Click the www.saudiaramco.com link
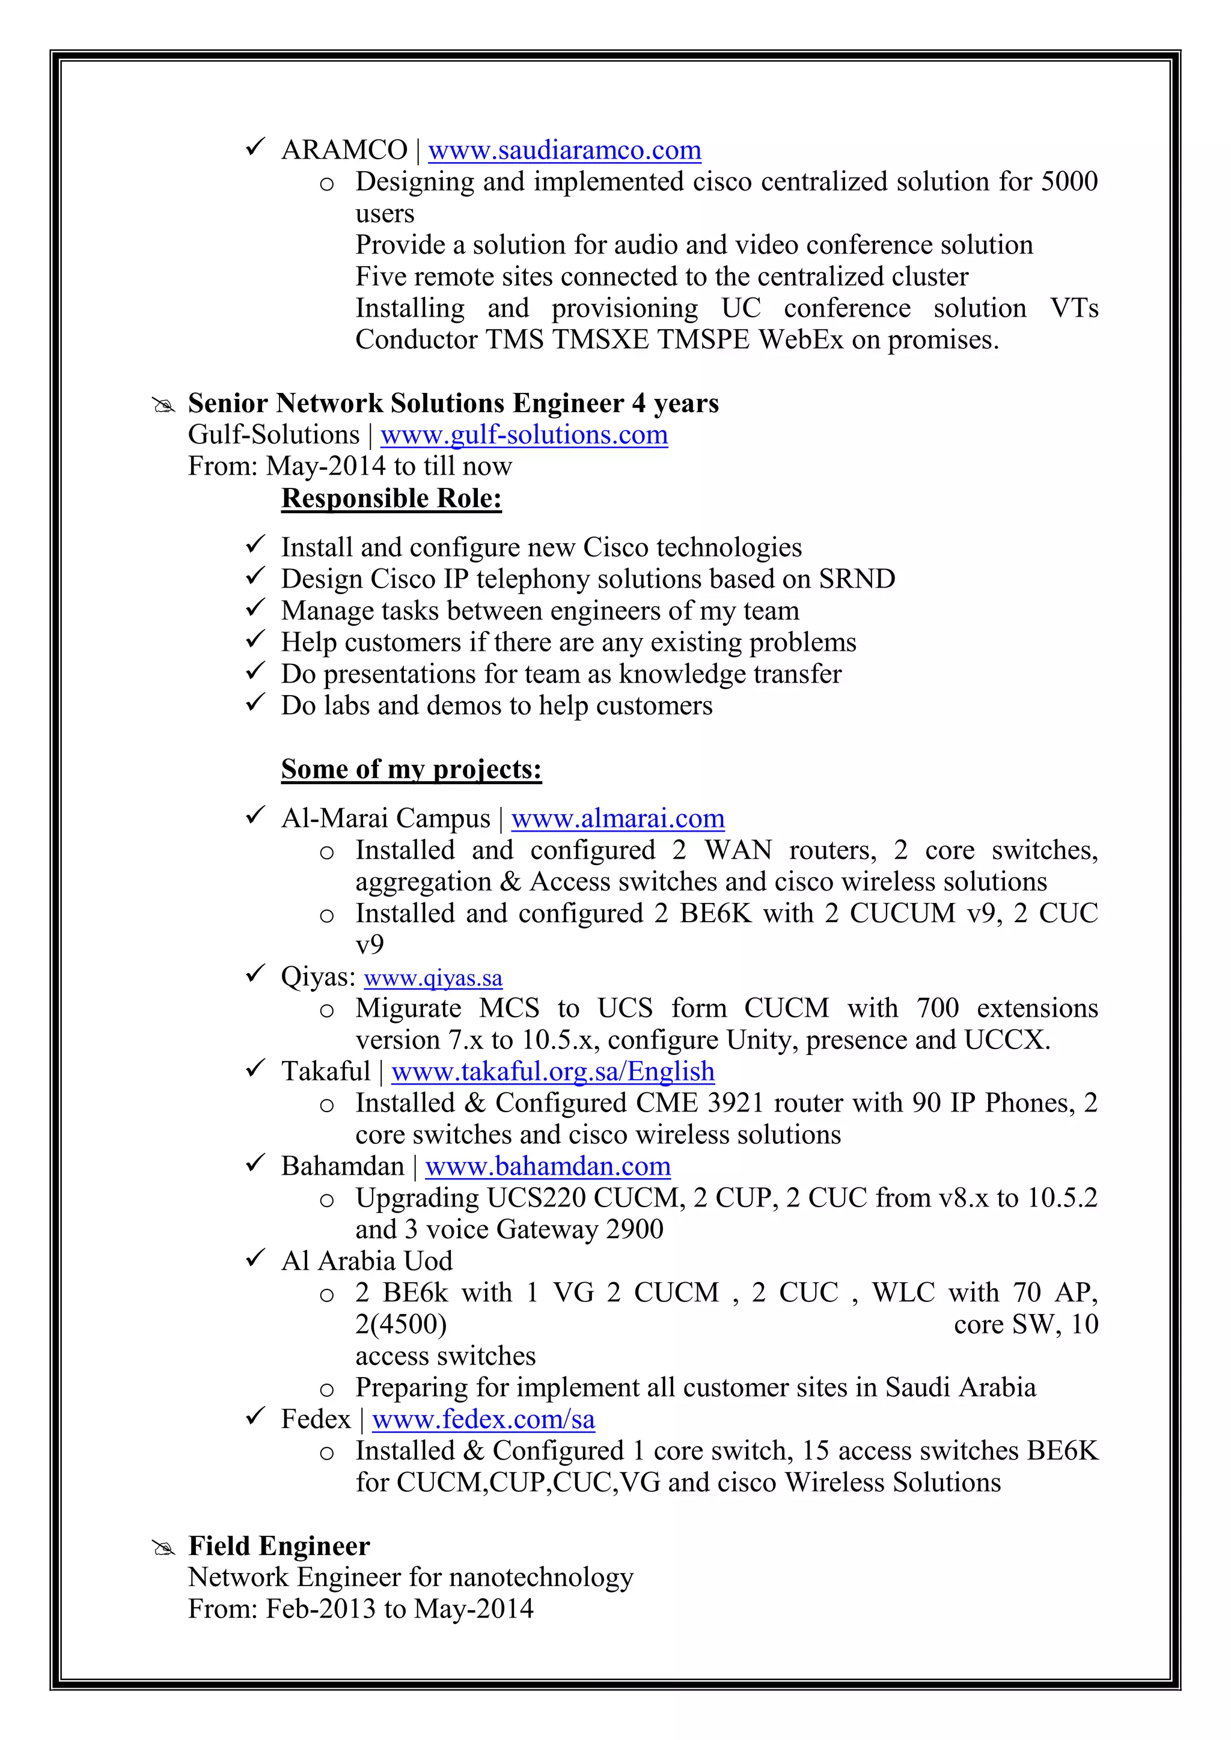click(x=565, y=150)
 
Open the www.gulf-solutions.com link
click(x=524, y=435)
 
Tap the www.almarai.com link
click(x=618, y=818)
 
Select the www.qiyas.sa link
click(x=433, y=978)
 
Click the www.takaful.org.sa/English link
click(x=552, y=1072)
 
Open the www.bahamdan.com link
click(x=548, y=1166)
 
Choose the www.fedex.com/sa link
click(x=483, y=1419)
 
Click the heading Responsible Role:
click(x=391, y=499)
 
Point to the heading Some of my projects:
click(x=411, y=769)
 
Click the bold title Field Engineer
click(x=279, y=1546)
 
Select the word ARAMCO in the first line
click(x=344, y=150)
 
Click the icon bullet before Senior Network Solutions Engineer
click(x=163, y=406)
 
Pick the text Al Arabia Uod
click(x=366, y=1261)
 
